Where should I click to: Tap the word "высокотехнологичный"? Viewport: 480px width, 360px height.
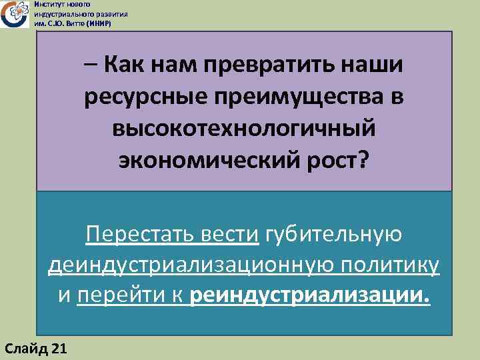(244, 129)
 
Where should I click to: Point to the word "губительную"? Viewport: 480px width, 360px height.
(334, 235)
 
